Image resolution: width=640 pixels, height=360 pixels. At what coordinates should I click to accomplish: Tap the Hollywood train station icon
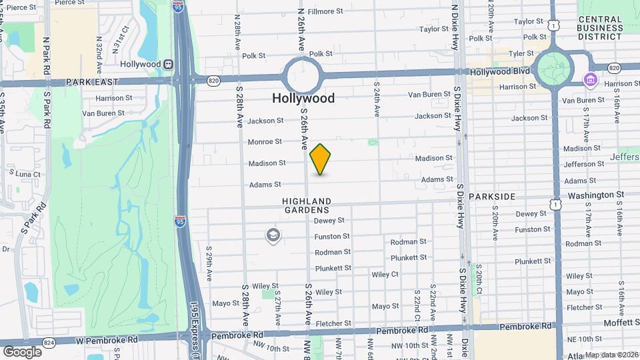tap(169, 65)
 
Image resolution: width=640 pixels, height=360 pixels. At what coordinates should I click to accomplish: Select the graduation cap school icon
tap(273, 235)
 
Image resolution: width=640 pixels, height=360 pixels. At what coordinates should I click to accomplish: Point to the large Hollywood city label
tap(303, 98)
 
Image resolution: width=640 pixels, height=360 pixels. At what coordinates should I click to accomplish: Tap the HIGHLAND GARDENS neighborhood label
tap(306, 205)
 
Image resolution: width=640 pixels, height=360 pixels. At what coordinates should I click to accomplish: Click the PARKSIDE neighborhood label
tap(492, 197)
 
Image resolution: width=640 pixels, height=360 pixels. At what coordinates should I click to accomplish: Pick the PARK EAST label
tap(92, 81)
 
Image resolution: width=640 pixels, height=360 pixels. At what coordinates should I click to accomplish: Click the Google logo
tap(22, 351)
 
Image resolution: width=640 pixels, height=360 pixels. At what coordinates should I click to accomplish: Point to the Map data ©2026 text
tap(611, 355)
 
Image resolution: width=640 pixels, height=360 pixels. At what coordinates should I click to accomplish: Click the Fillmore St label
tap(325, 11)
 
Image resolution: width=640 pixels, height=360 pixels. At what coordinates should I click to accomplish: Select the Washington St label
tap(595, 195)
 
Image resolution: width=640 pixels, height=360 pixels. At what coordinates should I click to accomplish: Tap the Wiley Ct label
tap(385, 274)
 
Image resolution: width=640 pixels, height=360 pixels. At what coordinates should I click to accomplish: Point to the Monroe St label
tap(265, 141)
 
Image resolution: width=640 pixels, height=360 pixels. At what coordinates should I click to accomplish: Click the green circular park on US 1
tap(553, 69)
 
